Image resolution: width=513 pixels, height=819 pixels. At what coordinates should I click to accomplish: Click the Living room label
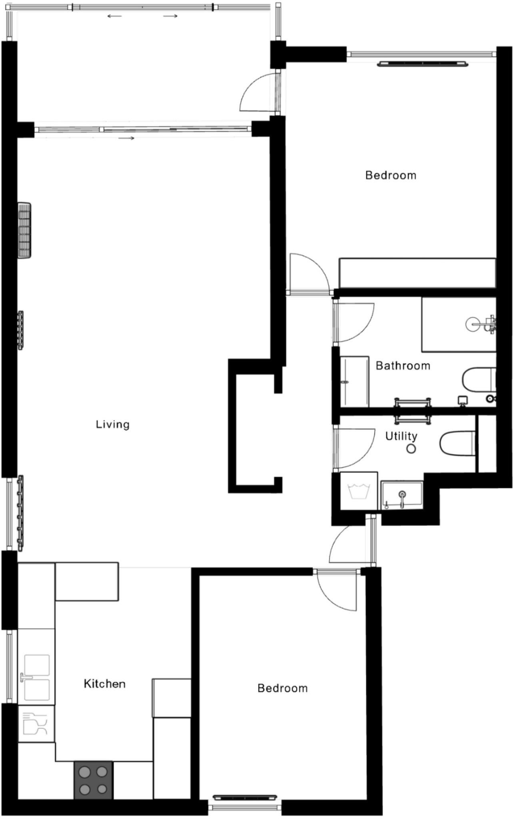point(113,424)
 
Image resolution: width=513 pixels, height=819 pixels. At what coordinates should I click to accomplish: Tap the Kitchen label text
point(104,684)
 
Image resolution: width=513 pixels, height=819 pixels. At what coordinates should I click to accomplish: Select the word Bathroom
point(403,366)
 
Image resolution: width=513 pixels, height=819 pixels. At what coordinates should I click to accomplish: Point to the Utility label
point(401,436)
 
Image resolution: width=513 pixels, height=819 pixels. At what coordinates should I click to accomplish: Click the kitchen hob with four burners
point(93,780)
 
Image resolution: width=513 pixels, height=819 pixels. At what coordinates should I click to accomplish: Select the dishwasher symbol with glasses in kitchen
point(36,724)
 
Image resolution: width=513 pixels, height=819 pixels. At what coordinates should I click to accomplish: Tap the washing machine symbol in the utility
point(359,491)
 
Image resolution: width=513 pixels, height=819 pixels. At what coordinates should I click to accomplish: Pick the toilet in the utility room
point(457,443)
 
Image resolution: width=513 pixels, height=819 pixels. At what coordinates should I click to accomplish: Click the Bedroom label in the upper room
point(391,175)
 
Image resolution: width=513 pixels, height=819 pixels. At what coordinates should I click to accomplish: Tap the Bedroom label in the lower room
point(282,688)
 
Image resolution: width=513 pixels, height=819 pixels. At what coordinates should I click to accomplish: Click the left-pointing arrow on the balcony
point(114,16)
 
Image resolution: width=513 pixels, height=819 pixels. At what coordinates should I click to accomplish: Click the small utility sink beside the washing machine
point(402,496)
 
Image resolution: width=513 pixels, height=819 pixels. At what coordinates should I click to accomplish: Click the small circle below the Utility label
point(411,449)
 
